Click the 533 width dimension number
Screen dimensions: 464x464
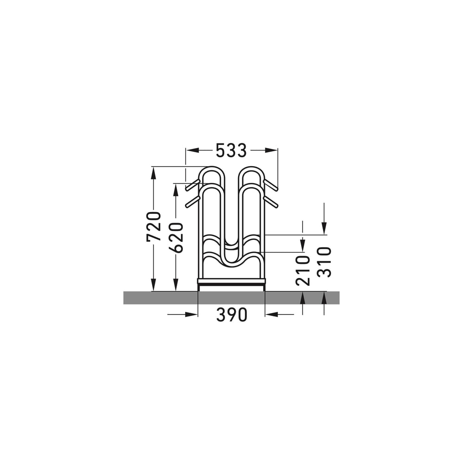pyautogui.click(x=231, y=150)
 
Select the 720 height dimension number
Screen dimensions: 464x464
pyautogui.click(x=154, y=226)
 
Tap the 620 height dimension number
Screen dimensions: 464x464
pyautogui.click(x=177, y=238)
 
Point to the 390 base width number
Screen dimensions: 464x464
pyautogui.click(x=232, y=315)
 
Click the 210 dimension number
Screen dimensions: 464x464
pyautogui.click(x=303, y=271)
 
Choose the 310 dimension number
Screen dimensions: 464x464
pyautogui.click(x=324, y=262)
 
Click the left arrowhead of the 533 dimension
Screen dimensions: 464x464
pyautogui.click(x=192, y=150)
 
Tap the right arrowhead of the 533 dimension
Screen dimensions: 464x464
pyautogui.click(x=271, y=150)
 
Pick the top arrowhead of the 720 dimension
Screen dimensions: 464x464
pyautogui.click(x=153, y=173)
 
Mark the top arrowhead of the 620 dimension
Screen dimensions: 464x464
pyautogui.click(x=176, y=190)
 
